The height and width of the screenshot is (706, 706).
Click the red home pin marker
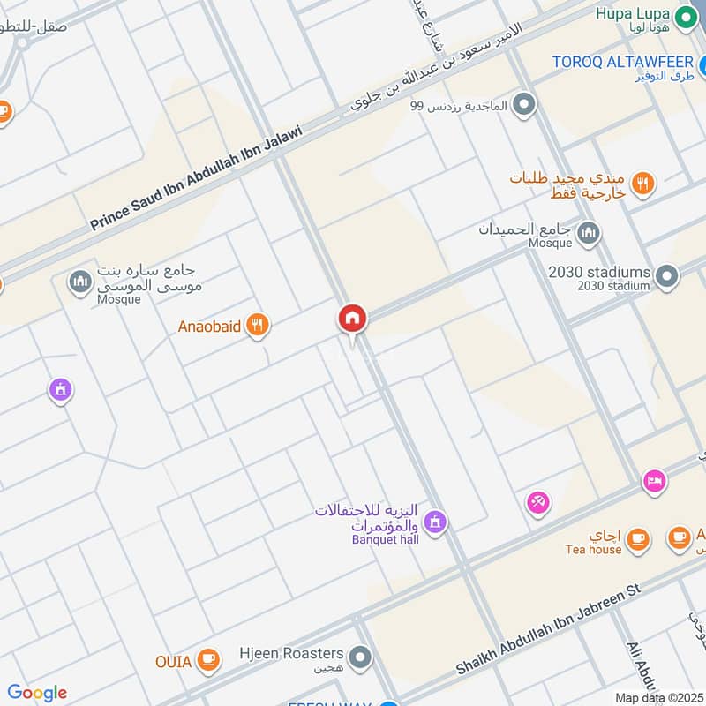coord(352,319)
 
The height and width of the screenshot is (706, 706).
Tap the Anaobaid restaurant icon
coord(257,327)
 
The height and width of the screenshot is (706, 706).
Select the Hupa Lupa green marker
coord(683,16)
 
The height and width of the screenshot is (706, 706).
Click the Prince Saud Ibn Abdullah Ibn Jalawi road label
coord(196,179)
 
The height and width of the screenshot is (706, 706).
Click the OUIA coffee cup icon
coord(207,661)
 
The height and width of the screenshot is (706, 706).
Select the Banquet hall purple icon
coord(434,523)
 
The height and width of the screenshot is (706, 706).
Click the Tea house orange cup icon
coord(637,538)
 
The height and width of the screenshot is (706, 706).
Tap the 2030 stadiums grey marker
coord(668,276)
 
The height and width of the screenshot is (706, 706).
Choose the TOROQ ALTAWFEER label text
coord(622,61)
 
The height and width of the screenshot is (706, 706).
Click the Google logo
coord(37,693)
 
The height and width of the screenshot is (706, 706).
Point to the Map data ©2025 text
coord(659,697)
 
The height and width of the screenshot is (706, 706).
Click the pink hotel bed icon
coord(655,481)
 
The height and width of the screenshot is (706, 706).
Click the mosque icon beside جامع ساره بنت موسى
coord(80,282)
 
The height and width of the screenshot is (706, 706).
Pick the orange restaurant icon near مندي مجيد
coord(643,184)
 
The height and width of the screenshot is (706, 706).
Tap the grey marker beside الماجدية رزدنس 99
coord(525,106)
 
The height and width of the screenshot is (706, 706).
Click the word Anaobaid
coord(209,327)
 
